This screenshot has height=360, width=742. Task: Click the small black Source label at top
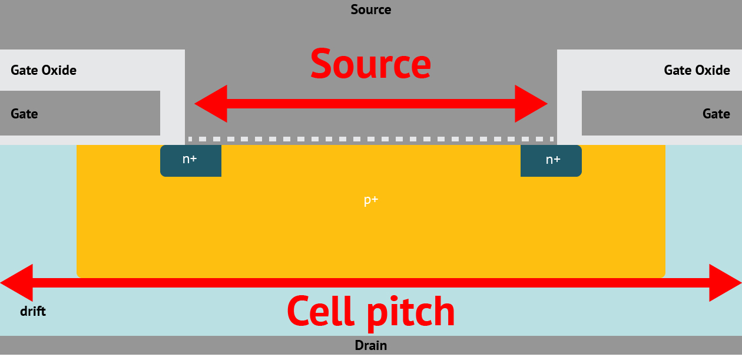pos(371,10)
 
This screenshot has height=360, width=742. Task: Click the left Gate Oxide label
pos(44,71)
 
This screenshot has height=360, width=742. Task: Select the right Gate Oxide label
pos(697,71)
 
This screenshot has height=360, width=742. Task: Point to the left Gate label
pos(24,114)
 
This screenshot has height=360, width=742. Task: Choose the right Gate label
pos(716,114)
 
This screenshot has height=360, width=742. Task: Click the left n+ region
pos(190,160)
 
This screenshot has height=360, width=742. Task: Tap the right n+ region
pos(552,160)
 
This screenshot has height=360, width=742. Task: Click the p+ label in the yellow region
pos(371,200)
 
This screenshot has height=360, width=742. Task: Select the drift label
pos(33,311)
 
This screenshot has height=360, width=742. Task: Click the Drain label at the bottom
pos(371,345)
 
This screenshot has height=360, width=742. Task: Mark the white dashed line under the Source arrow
pos(371,139)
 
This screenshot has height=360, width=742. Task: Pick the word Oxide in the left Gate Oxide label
pos(59,71)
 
